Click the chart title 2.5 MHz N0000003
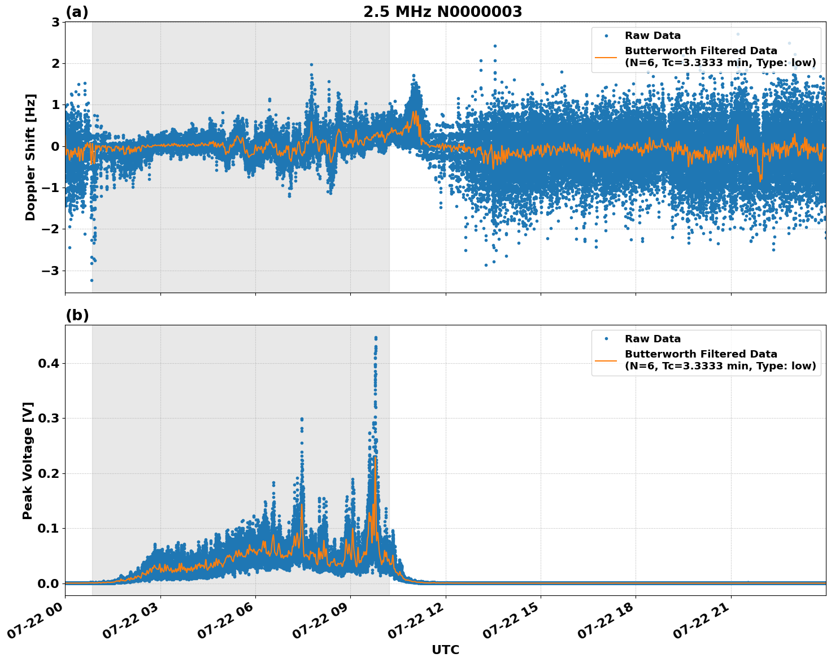tap(442, 12)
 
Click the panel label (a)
tap(77, 12)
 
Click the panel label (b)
tap(77, 315)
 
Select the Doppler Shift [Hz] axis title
tap(31, 157)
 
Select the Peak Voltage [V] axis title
tap(28, 460)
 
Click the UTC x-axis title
tap(445, 650)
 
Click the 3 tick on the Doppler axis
tap(55, 22)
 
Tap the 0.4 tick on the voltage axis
tap(48, 363)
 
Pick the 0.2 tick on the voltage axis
tap(48, 473)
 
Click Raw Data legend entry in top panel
tap(652, 36)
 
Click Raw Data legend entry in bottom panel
tap(652, 339)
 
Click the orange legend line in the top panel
tap(606, 57)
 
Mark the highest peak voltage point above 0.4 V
tap(376, 338)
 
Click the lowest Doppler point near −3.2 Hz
tap(92, 280)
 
